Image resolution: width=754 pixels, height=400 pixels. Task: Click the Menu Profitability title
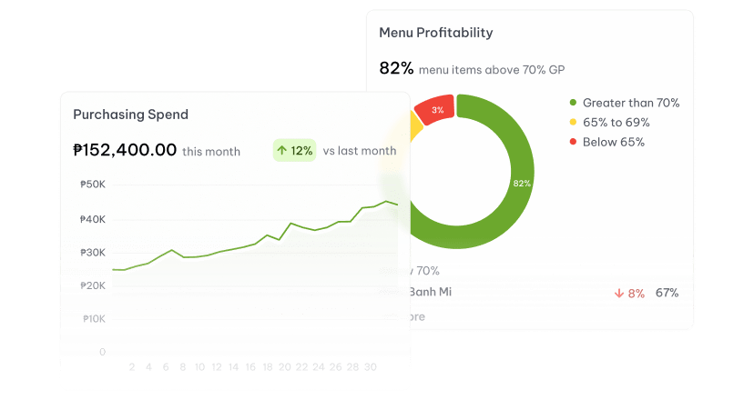435,33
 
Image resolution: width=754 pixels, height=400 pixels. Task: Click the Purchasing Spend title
130,115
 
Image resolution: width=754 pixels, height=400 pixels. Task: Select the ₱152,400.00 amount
125,150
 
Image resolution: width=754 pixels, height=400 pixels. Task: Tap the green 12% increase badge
294,150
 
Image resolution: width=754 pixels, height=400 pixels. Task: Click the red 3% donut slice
438,110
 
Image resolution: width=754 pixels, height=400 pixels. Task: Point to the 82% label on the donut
522,183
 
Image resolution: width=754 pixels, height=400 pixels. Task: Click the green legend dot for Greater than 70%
573,103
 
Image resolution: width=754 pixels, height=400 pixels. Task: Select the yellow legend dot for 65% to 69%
573,122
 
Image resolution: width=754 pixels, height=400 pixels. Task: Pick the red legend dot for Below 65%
573,142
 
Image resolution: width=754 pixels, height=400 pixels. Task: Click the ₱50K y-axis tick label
94,185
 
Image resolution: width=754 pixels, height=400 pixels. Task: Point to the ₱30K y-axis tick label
94,252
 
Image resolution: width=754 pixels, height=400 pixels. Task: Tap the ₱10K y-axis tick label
94,319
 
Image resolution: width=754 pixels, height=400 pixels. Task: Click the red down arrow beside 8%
619,293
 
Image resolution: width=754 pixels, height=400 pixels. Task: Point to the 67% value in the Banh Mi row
667,293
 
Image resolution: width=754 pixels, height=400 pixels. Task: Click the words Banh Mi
430,292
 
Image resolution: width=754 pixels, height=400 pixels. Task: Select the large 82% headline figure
396,67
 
